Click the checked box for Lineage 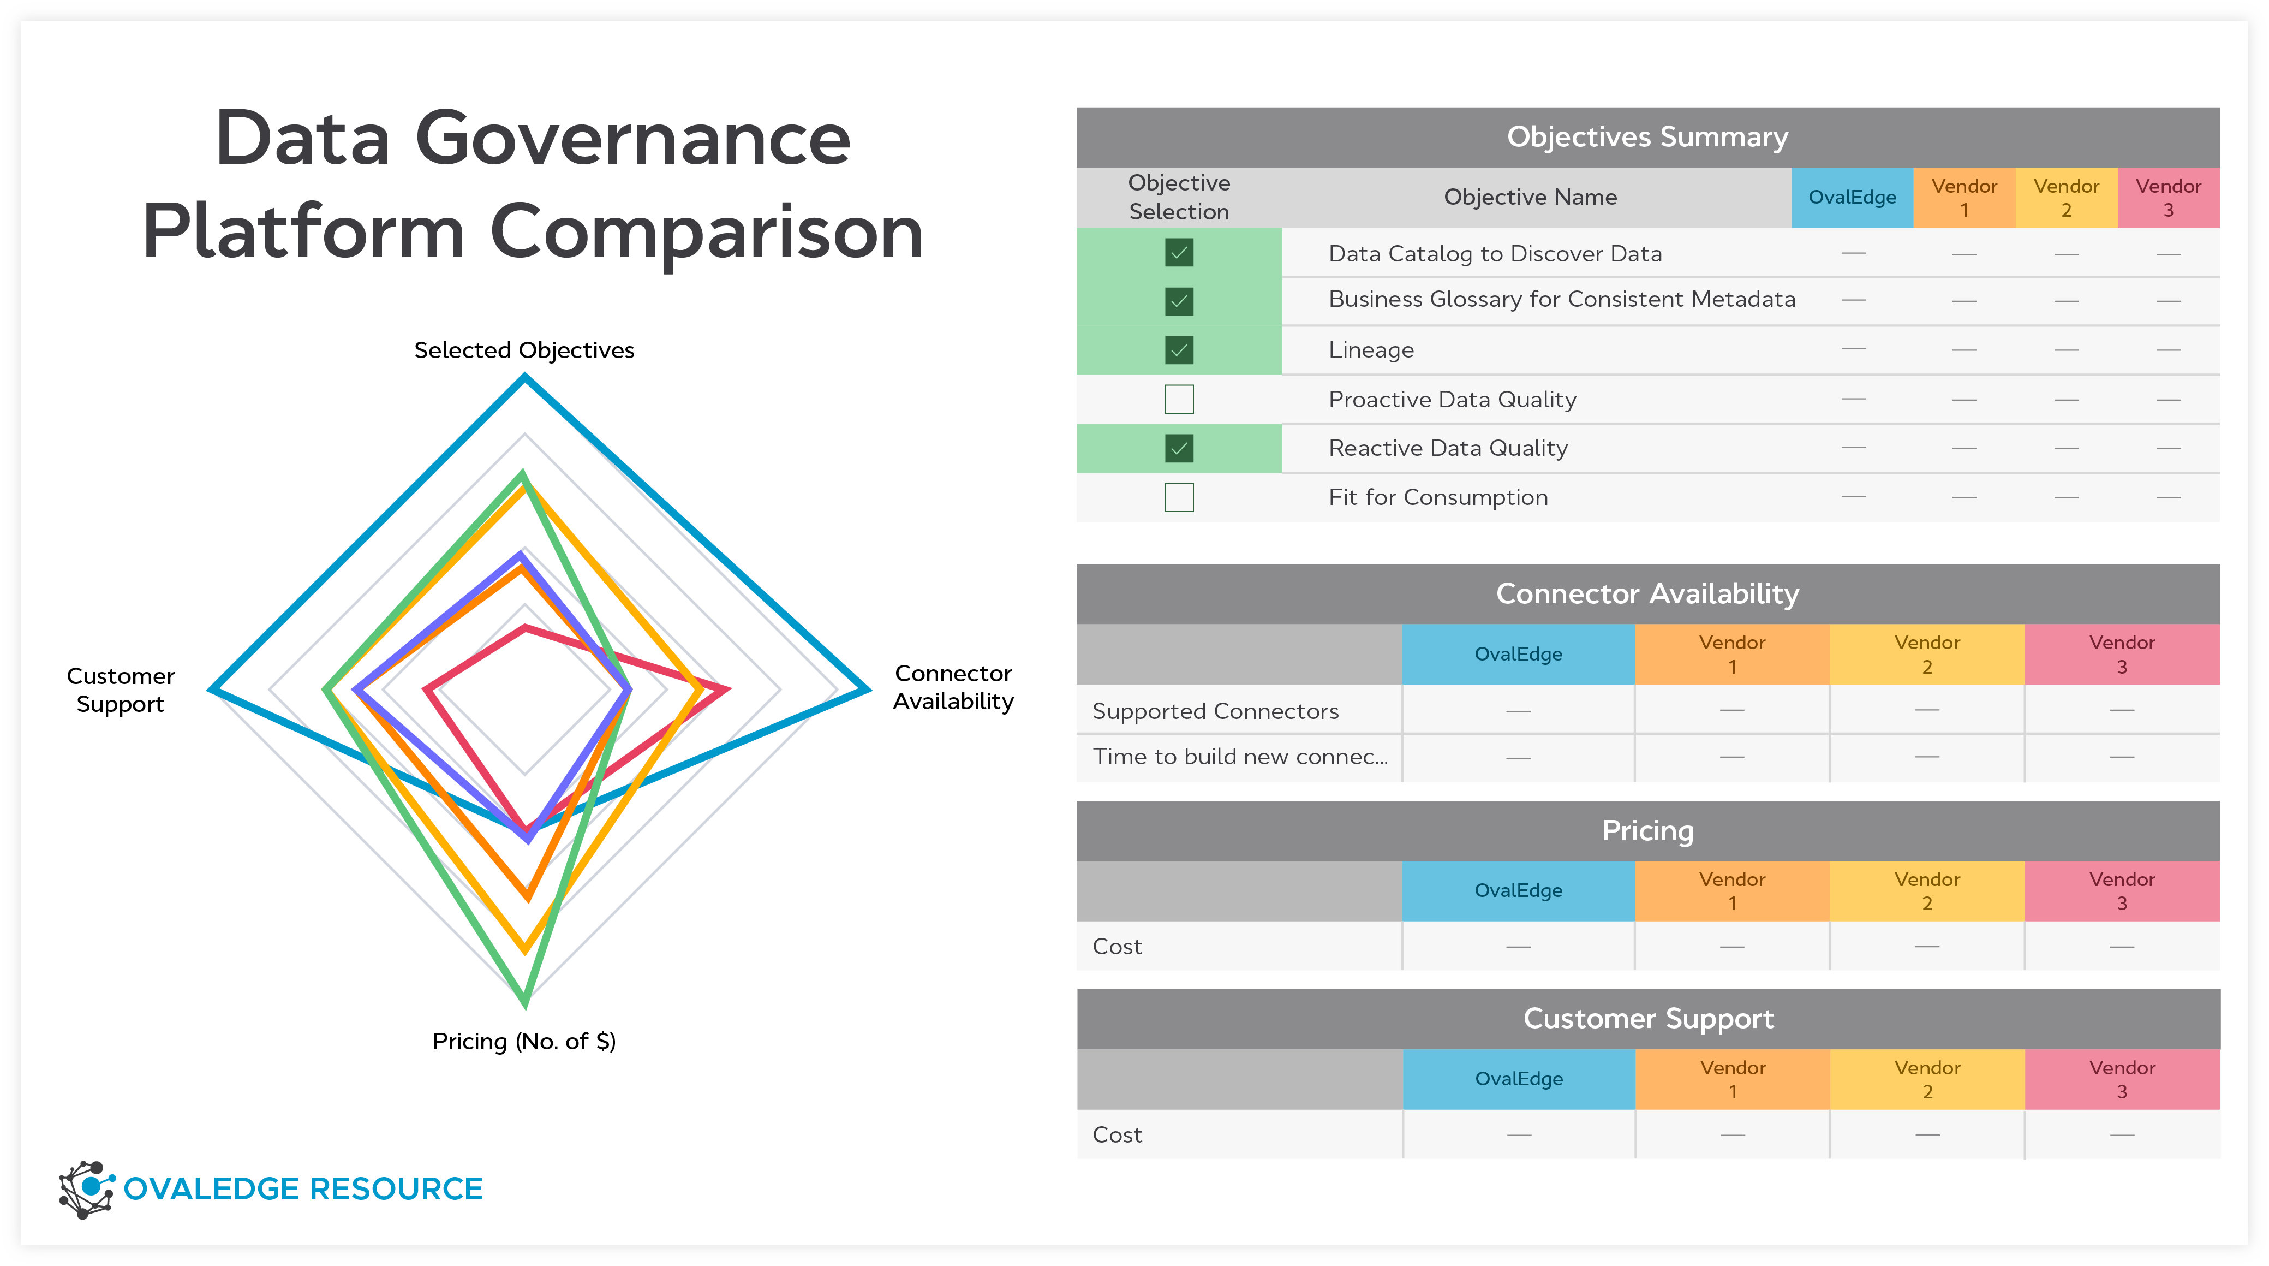[x=1179, y=350]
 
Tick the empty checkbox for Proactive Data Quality [x=1179, y=399]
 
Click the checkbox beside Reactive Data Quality [x=1179, y=448]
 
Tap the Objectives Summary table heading [x=1646, y=138]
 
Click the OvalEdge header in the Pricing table [x=1518, y=891]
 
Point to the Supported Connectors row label [x=1215, y=711]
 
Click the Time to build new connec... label [x=1239, y=757]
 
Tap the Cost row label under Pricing [x=1117, y=946]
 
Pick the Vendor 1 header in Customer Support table [x=1731, y=1079]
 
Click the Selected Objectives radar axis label [x=524, y=350]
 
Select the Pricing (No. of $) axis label [x=524, y=1041]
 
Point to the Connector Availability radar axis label [x=953, y=687]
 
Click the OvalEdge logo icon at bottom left [x=86, y=1190]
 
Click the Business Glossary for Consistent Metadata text [x=1561, y=300]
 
